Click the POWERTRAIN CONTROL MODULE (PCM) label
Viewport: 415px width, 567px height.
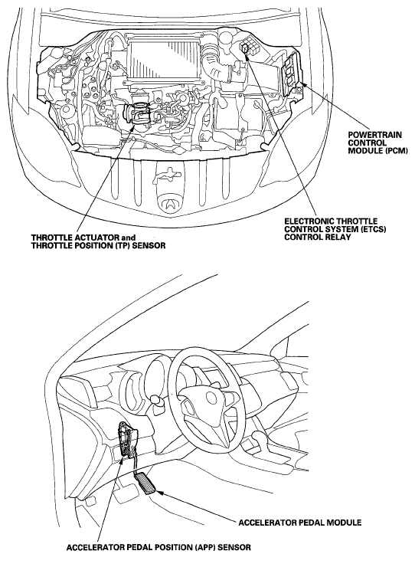point(377,143)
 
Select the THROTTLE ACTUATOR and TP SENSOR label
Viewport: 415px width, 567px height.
point(98,241)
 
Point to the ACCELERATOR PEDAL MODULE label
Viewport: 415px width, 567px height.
point(299,523)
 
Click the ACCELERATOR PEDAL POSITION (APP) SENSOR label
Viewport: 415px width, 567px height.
point(158,547)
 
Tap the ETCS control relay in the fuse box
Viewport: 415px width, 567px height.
point(245,48)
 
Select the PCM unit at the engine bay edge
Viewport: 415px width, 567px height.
point(292,73)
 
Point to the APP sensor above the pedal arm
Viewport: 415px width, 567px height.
point(126,442)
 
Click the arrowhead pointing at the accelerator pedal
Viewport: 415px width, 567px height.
point(160,492)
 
